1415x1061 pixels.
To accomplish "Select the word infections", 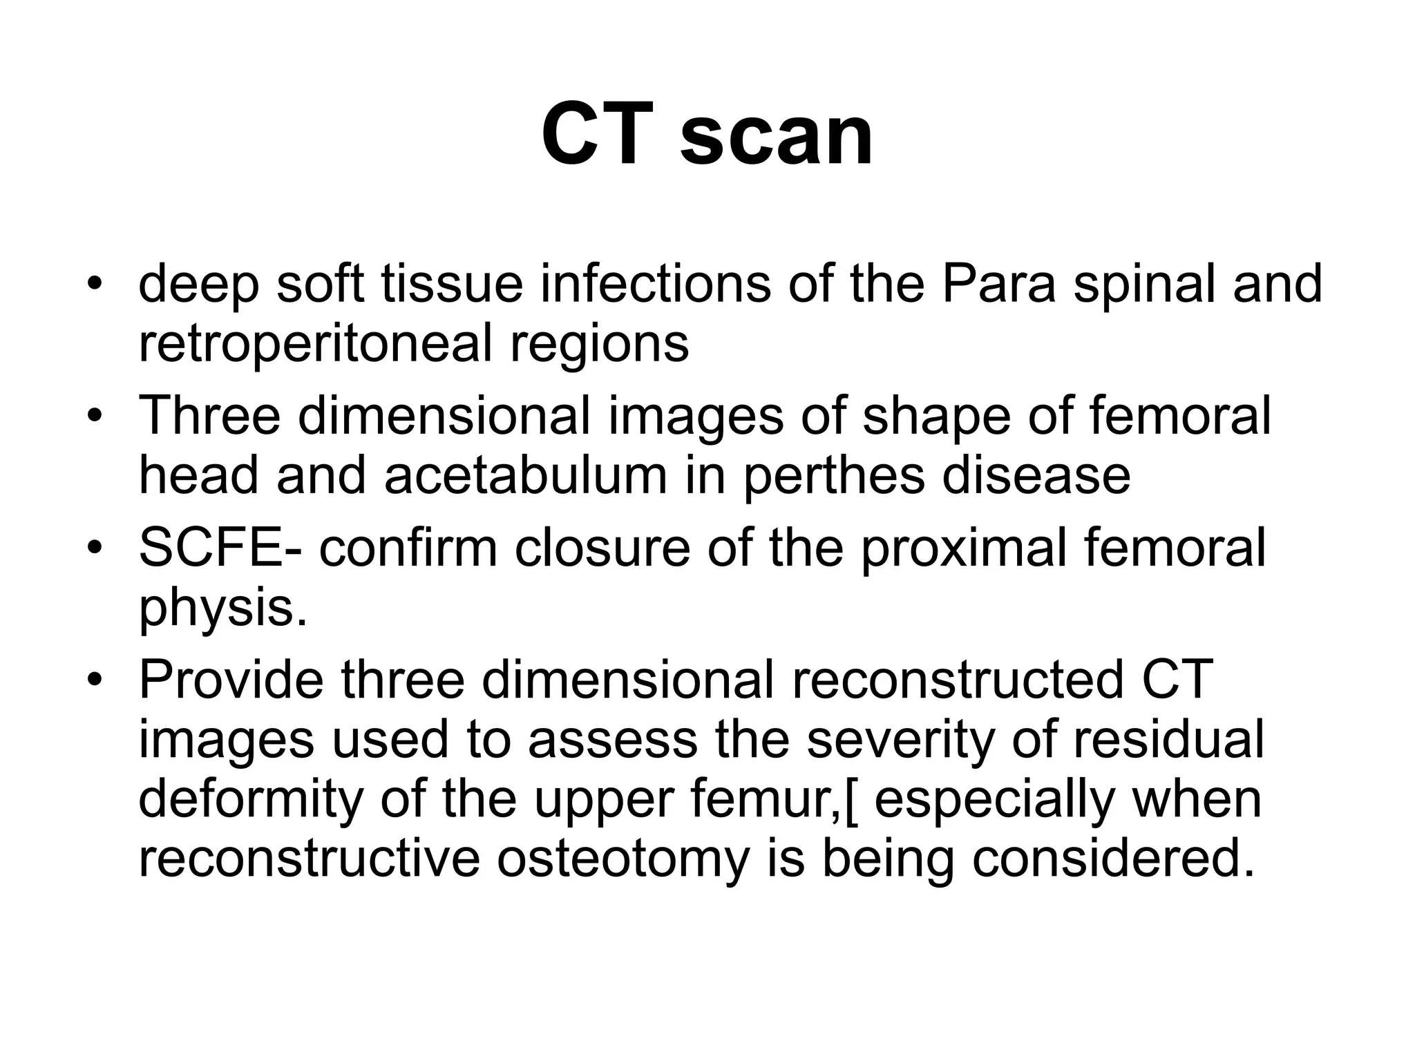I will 654,284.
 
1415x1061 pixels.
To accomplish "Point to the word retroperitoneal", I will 315,343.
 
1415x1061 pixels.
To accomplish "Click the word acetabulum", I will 525,475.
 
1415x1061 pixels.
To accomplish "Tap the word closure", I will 600,548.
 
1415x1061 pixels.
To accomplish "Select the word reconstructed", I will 957,680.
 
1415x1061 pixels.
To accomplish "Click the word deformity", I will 250,800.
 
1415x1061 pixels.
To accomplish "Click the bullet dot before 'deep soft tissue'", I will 95,284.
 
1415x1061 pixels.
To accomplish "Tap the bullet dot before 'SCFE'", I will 95,548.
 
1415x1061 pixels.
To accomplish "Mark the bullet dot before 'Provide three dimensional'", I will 95,680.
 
